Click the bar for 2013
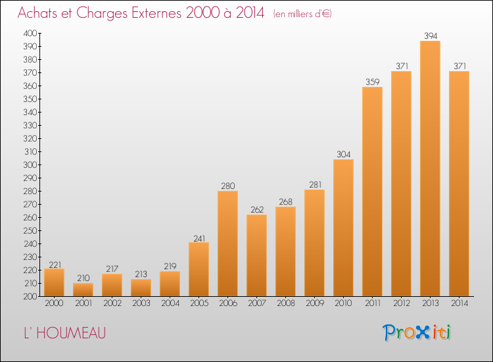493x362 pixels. click(x=430, y=168)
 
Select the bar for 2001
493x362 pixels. click(x=83, y=290)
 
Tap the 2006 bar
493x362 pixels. click(x=227, y=244)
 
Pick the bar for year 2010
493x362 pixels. click(x=343, y=228)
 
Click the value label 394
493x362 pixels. click(x=431, y=36)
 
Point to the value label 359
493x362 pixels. click(x=373, y=82)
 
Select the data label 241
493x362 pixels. click(x=199, y=239)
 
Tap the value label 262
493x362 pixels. click(x=257, y=210)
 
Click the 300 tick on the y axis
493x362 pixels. click(x=30, y=165)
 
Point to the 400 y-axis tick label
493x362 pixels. click(x=30, y=33)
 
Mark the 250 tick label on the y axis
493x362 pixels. click(x=30, y=230)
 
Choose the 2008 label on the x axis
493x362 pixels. click(x=286, y=303)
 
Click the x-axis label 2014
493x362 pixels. click(x=459, y=303)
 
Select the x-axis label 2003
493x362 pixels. click(x=141, y=303)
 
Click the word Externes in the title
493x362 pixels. click(x=156, y=13)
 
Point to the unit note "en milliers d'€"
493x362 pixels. click(x=302, y=14)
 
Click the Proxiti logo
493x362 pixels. click(x=417, y=332)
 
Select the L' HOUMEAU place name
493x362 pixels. click(x=65, y=333)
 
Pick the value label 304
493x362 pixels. click(x=343, y=154)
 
